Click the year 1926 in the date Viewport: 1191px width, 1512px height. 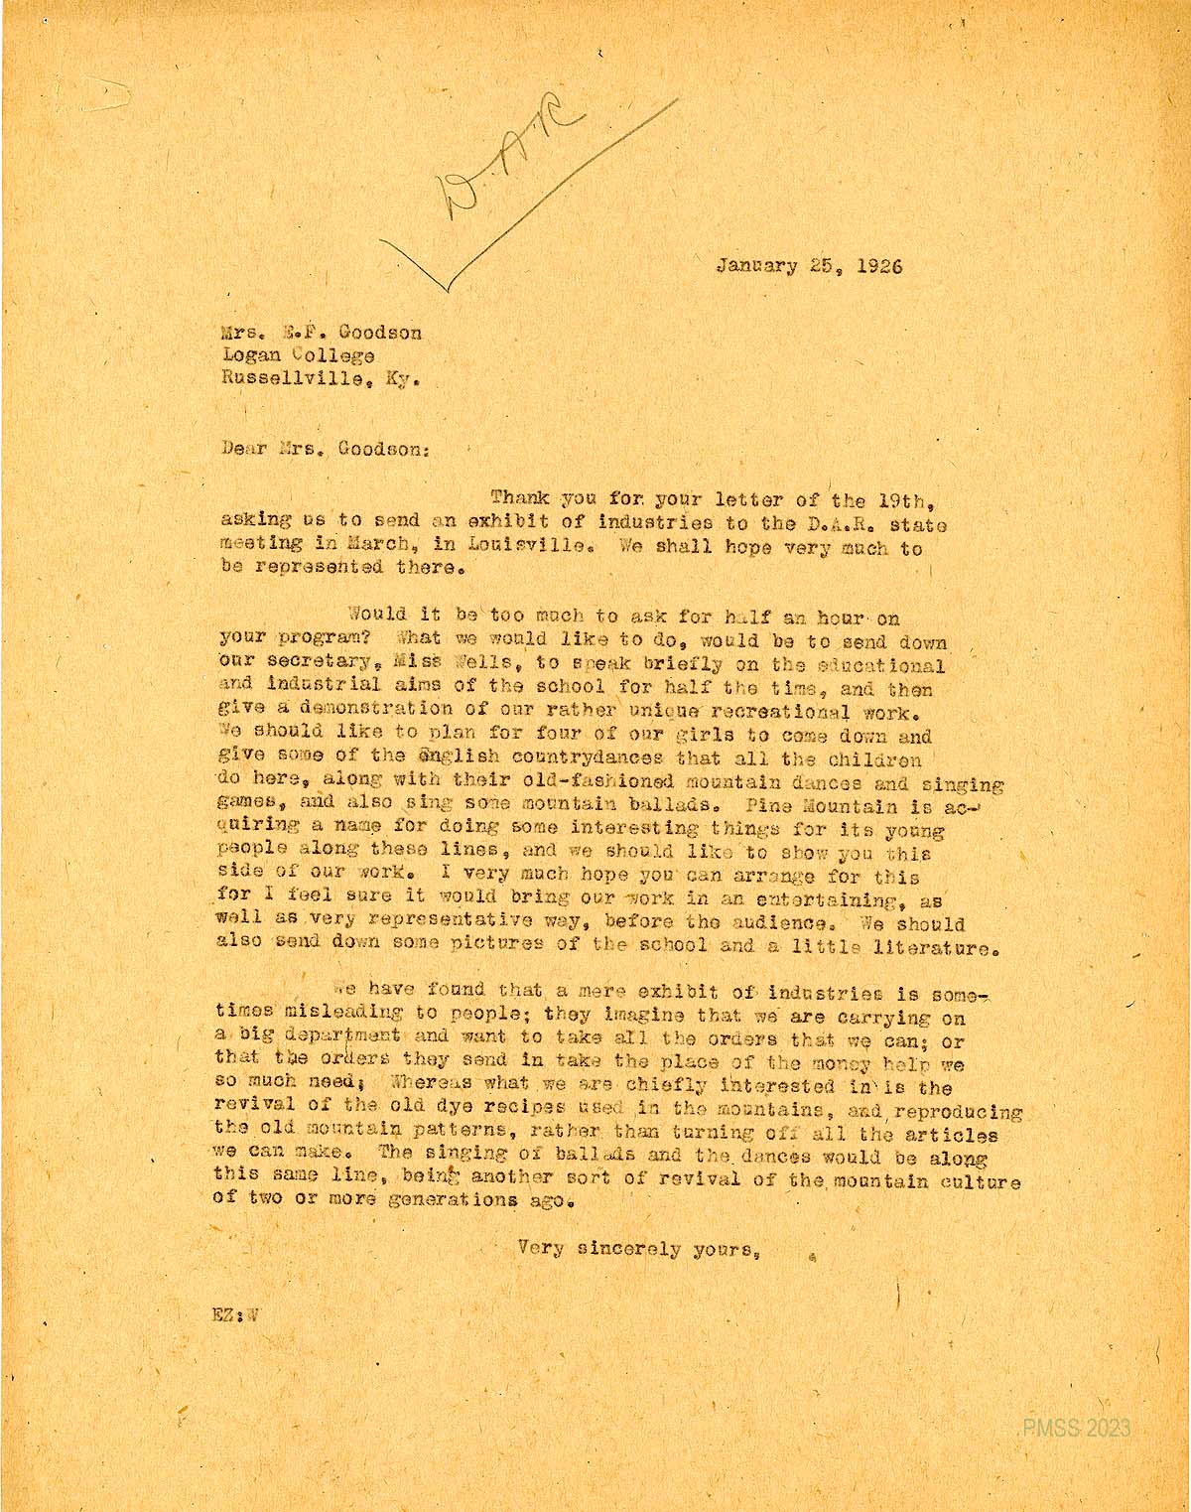point(879,266)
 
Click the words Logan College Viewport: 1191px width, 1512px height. point(298,355)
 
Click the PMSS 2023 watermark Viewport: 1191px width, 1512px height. point(1076,1428)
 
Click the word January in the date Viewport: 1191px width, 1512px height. point(756,266)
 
